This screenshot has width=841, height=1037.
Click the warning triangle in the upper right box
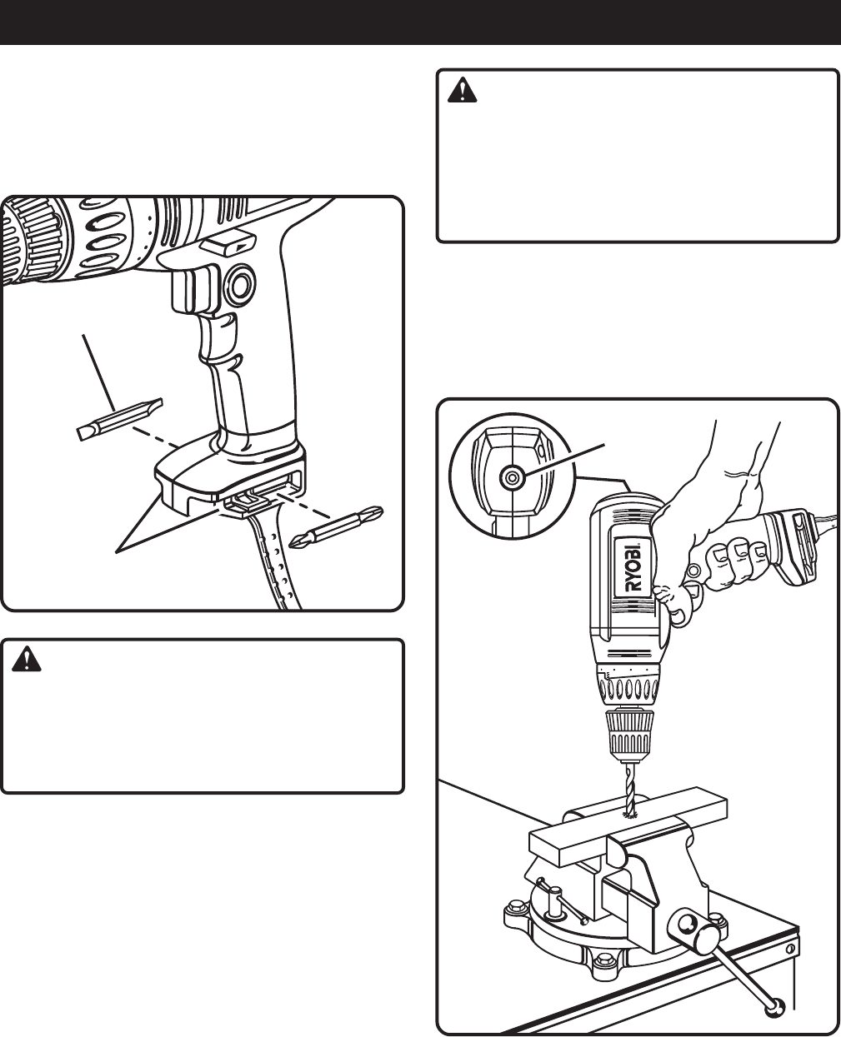(x=461, y=91)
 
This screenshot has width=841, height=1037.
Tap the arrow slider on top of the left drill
(x=231, y=244)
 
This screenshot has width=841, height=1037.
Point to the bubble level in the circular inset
(x=510, y=476)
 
